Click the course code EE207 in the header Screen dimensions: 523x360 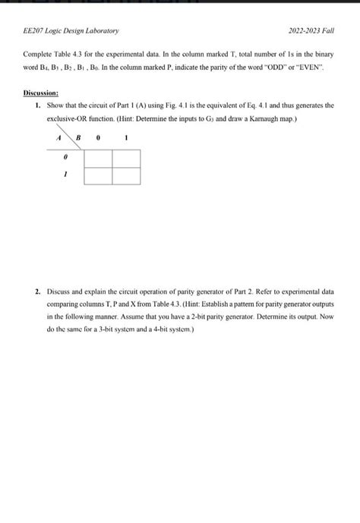pyautogui.click(x=35, y=31)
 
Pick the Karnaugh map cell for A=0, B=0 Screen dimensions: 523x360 pyautogui.click(x=98, y=158)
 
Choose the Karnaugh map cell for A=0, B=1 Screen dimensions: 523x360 pyautogui.click(x=126, y=158)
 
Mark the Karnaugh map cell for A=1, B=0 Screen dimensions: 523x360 pyautogui.click(x=98, y=175)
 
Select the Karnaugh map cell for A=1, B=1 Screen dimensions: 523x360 pyautogui.click(x=126, y=175)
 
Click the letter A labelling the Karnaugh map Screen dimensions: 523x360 pyautogui.click(x=58, y=139)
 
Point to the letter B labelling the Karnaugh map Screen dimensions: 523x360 pyautogui.click(x=77, y=139)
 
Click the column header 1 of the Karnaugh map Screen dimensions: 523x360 pyautogui.click(x=125, y=139)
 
